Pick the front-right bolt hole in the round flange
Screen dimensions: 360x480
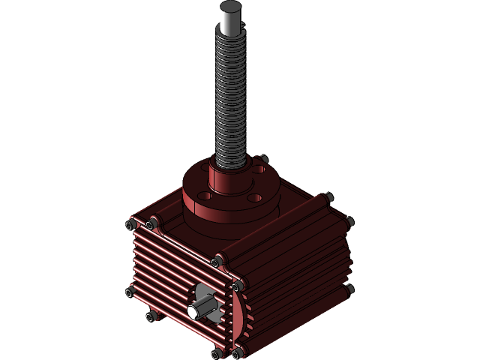pos(254,198)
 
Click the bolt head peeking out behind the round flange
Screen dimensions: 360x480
pos(263,159)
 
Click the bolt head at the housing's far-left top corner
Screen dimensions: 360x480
pos(132,224)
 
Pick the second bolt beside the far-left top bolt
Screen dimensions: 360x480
pos(151,223)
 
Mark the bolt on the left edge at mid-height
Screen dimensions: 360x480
pos(130,291)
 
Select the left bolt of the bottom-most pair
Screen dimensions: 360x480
pos(218,352)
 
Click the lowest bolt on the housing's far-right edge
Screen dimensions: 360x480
pos(349,288)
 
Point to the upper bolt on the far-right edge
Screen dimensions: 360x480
pos(349,220)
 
